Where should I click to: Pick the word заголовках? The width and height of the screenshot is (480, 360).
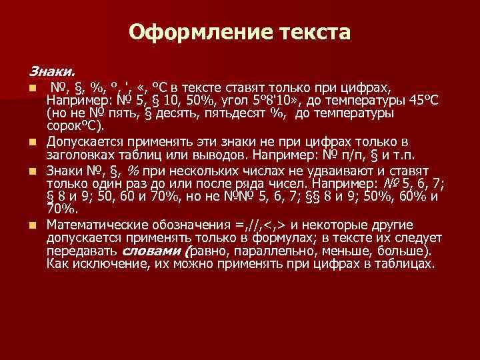click(x=80, y=155)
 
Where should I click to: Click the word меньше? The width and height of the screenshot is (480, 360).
click(x=351, y=251)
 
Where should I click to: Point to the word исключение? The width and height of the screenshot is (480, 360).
click(x=111, y=263)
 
